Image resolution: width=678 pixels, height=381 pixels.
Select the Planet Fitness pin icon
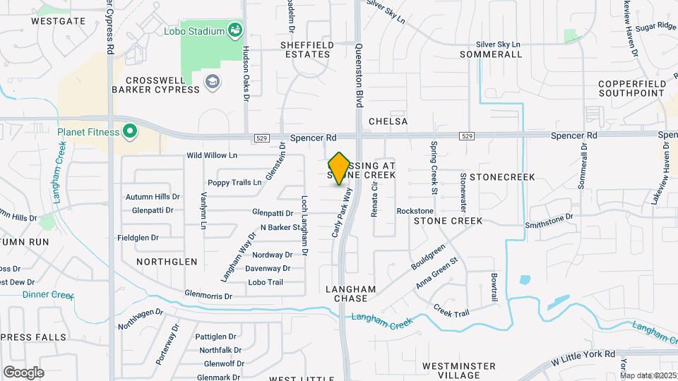pyautogui.click(x=129, y=131)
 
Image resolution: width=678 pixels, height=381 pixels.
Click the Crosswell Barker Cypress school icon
pyautogui.click(x=211, y=83)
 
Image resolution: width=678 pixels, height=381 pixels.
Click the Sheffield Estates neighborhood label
pyautogui.click(x=307, y=49)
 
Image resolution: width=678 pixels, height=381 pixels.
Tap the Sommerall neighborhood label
pyautogui.click(x=490, y=54)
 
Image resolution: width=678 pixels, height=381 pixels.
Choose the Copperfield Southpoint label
pyautogui.click(x=631, y=88)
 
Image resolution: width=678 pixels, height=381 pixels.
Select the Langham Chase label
pyautogui.click(x=350, y=294)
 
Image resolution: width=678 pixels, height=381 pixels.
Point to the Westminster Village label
pyautogui.click(x=459, y=371)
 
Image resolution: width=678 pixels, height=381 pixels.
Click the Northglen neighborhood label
pyautogui.click(x=167, y=261)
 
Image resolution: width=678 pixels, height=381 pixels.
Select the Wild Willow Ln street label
pyautogui.click(x=212, y=155)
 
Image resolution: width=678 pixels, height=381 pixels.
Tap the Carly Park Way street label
pyautogui.click(x=342, y=212)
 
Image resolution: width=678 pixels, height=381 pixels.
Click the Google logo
pyautogui.click(x=23, y=372)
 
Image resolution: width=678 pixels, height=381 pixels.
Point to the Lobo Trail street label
pyautogui.click(x=266, y=282)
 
